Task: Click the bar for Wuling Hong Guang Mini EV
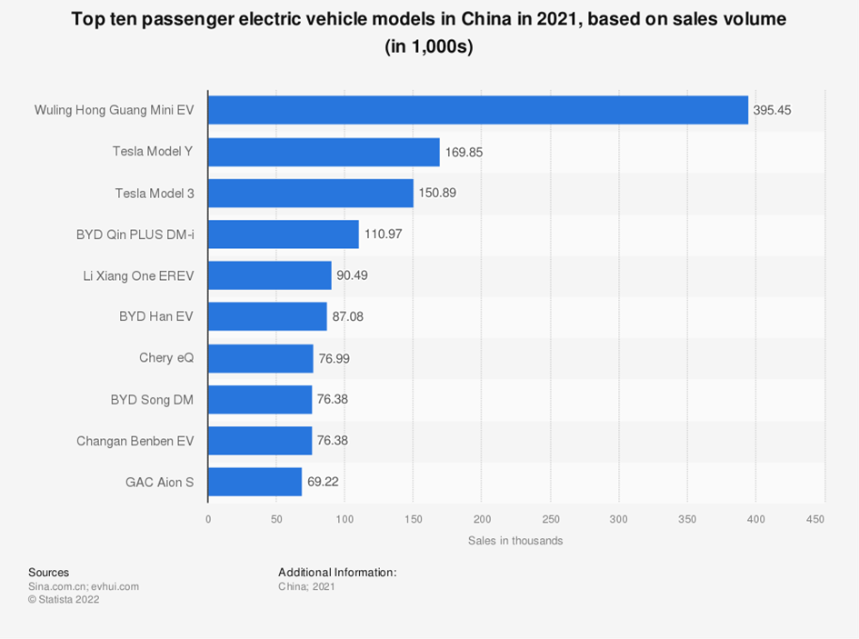coord(477,110)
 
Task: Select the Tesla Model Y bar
coord(324,152)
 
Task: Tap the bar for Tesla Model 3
coord(310,193)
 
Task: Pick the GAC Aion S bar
coord(255,482)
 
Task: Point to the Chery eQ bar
coord(260,358)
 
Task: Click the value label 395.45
coord(773,110)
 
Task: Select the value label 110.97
coord(383,235)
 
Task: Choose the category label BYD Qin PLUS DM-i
coord(135,235)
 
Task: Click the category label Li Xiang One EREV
coord(138,275)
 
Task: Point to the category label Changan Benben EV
coord(135,441)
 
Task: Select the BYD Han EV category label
coord(156,316)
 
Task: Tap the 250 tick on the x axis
coord(551,519)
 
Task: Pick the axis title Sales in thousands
coord(515,541)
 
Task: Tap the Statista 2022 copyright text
coord(64,600)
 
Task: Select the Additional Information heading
coord(337,573)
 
